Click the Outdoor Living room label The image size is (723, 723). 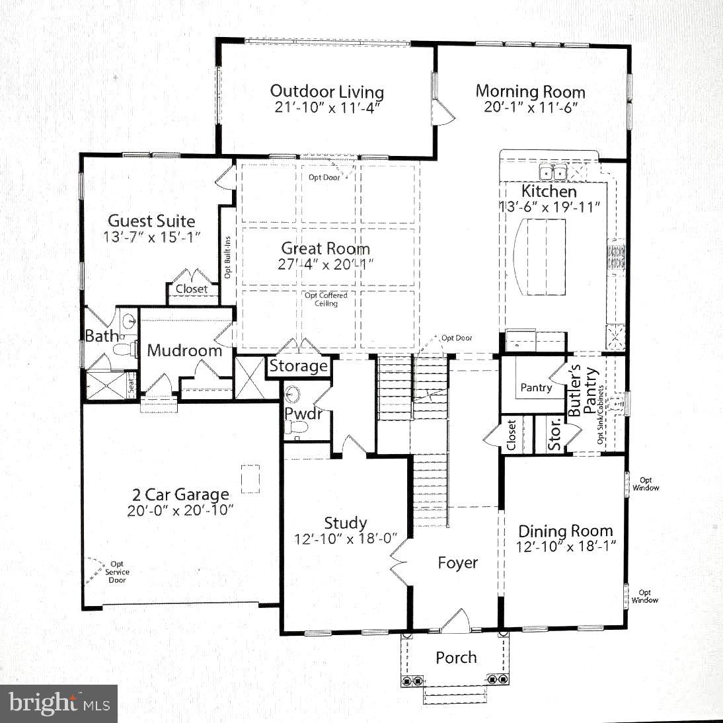(x=326, y=91)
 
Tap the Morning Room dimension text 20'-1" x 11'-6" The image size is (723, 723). (x=531, y=107)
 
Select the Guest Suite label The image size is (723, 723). (x=151, y=221)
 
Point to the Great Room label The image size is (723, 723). (x=325, y=248)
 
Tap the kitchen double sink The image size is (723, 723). (x=552, y=173)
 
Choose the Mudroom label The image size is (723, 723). (x=184, y=350)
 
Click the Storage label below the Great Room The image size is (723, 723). (x=299, y=366)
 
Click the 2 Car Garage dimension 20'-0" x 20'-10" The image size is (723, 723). (x=180, y=511)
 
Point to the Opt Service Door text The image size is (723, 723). (x=117, y=572)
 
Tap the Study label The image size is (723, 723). (x=345, y=523)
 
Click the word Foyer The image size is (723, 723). (x=457, y=562)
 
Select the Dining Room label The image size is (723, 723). (x=565, y=531)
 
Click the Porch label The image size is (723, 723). (x=456, y=658)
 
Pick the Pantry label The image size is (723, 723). (x=535, y=387)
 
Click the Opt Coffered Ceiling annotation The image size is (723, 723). (x=326, y=299)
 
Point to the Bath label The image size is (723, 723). (x=101, y=336)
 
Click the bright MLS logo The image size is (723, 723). (x=58, y=703)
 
